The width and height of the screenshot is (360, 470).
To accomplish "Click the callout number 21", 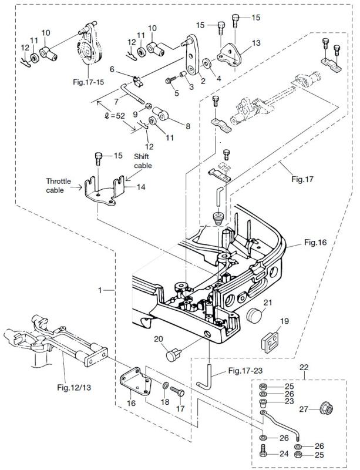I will click(268, 303).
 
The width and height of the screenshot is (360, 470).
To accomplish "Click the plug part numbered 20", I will click(173, 354).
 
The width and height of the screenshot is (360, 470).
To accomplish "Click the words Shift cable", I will click(143, 162).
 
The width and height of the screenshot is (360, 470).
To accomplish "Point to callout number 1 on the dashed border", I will click(101, 290).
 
